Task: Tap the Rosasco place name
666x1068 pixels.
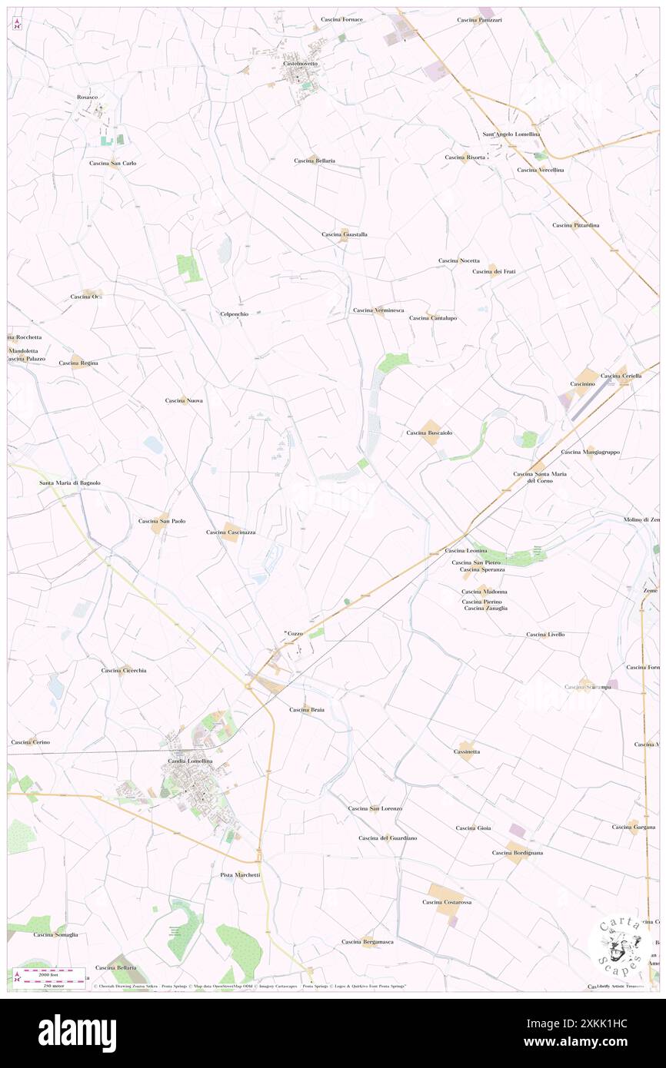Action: (87, 97)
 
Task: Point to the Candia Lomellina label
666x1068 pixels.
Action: (190, 761)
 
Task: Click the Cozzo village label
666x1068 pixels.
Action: (295, 633)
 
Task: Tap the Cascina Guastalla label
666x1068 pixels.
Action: (344, 234)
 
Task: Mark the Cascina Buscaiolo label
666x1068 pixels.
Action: (429, 433)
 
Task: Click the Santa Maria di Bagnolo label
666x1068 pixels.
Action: (70, 483)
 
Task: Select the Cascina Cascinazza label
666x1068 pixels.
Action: (231, 532)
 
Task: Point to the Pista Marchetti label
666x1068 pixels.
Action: (240, 874)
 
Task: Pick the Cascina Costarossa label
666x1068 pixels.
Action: (447, 901)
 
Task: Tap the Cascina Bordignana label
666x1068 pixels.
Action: (518, 852)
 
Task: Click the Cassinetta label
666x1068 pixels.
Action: (467, 751)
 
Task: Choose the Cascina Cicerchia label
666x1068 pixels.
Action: (124, 670)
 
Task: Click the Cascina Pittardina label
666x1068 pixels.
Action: (575, 224)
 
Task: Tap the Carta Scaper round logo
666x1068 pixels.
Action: (619, 946)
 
